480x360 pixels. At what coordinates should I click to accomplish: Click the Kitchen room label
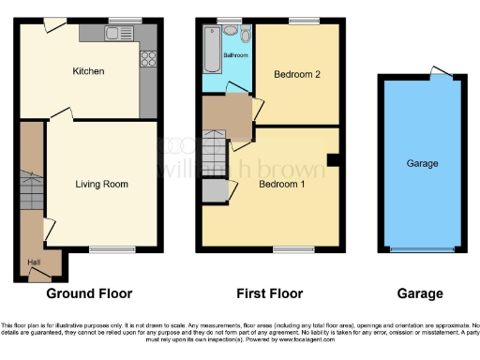pos(89,71)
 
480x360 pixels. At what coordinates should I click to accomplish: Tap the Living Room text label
pos(102,183)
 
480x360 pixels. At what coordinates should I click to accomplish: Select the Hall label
pos(33,262)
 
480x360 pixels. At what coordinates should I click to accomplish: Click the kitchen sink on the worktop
pos(117,35)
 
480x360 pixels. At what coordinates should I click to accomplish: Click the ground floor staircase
pos(32,193)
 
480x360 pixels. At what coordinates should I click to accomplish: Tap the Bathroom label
pos(235,55)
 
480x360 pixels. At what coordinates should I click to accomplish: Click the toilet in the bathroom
pos(245,36)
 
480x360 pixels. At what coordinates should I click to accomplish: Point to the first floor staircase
pos(216,150)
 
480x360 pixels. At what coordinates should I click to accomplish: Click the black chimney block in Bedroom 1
pos(333,160)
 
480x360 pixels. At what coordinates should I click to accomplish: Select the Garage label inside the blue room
pos(422,163)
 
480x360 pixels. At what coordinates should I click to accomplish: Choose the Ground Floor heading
pos(89,293)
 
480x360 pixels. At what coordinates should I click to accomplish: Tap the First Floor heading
pos(267,293)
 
